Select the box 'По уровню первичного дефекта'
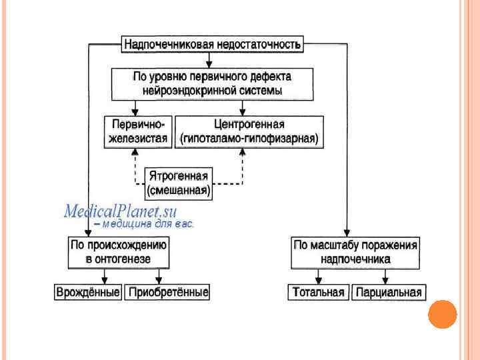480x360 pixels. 213,83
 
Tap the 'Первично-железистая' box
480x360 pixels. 139,131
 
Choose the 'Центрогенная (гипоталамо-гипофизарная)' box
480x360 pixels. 249,131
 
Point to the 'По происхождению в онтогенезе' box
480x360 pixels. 119,251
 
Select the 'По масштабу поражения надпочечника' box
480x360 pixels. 355,251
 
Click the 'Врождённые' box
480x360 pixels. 88,292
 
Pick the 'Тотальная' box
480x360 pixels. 317,292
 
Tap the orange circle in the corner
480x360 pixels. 441,315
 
